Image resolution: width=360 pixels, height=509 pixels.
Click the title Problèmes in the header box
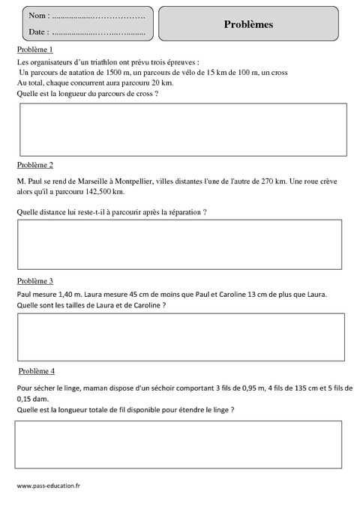pyautogui.click(x=248, y=24)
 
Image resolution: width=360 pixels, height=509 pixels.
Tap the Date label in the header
pyautogui.click(x=38, y=32)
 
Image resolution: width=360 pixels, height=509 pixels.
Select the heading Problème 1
pyautogui.click(x=34, y=49)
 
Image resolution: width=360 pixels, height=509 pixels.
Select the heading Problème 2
pyautogui.click(x=34, y=164)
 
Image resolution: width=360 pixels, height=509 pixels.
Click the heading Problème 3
pyautogui.click(x=34, y=280)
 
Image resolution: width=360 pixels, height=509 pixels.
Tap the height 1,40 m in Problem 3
pyautogui.click(x=67, y=294)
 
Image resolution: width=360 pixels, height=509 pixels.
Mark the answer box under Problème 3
pyautogui.click(x=181, y=337)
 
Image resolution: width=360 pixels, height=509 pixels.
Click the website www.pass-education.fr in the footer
pyautogui.click(x=48, y=486)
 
